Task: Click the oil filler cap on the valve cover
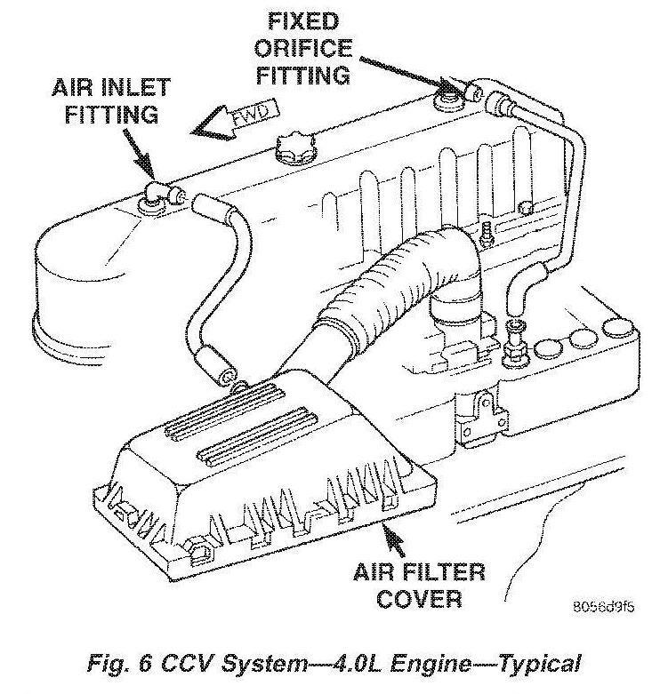(x=295, y=148)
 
